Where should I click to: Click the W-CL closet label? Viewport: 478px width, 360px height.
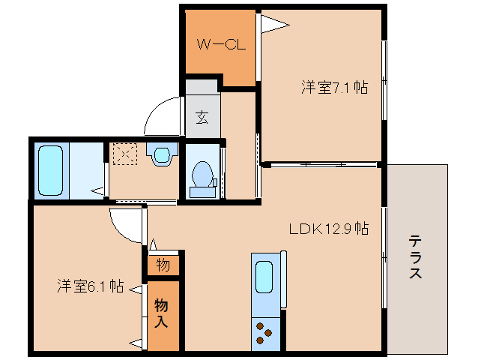221,44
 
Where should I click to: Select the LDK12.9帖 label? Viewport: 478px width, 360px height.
330,229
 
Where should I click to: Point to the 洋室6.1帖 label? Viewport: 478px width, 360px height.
90,286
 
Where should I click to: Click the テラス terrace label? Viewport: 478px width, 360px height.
415,257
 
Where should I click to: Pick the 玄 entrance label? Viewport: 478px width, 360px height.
202,117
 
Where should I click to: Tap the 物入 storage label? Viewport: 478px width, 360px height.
162,313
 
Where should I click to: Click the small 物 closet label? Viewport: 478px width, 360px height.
163,265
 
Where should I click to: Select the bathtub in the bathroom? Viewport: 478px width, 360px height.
50,170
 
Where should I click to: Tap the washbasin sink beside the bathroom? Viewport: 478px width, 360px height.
160,154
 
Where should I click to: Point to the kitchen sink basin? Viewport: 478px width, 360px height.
265,277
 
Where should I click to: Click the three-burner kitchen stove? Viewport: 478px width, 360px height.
265,333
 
